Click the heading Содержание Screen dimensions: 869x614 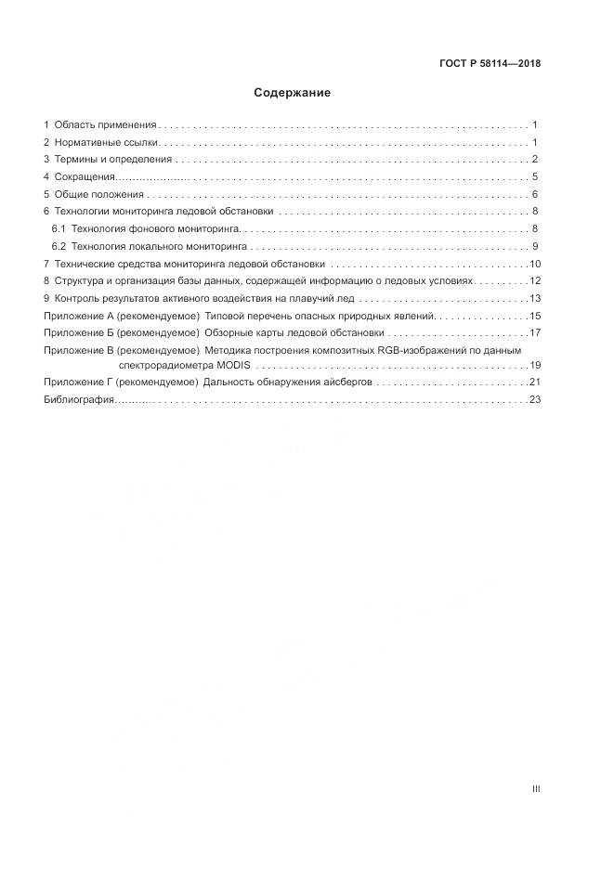pyautogui.click(x=292, y=93)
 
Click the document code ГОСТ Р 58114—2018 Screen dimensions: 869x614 pyautogui.click(x=490, y=64)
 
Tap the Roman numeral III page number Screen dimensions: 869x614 pyautogui.click(x=535, y=789)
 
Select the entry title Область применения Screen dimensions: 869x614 pyautogui.click(x=105, y=124)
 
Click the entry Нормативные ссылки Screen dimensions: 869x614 pyautogui.click(x=108, y=142)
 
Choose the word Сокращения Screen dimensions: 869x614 pyautogui.click(x=85, y=177)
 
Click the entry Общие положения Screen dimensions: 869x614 pyautogui.click(x=99, y=194)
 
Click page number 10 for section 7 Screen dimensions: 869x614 pyautogui.click(x=535, y=264)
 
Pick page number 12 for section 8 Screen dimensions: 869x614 pyautogui.click(x=535, y=281)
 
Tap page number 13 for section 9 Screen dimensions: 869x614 pyautogui.click(x=535, y=299)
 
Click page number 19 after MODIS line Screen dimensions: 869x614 pyautogui.click(x=535, y=365)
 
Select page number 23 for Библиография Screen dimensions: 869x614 pyautogui.click(x=535, y=399)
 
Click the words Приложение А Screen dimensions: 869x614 pyautogui.click(x=78, y=316)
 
